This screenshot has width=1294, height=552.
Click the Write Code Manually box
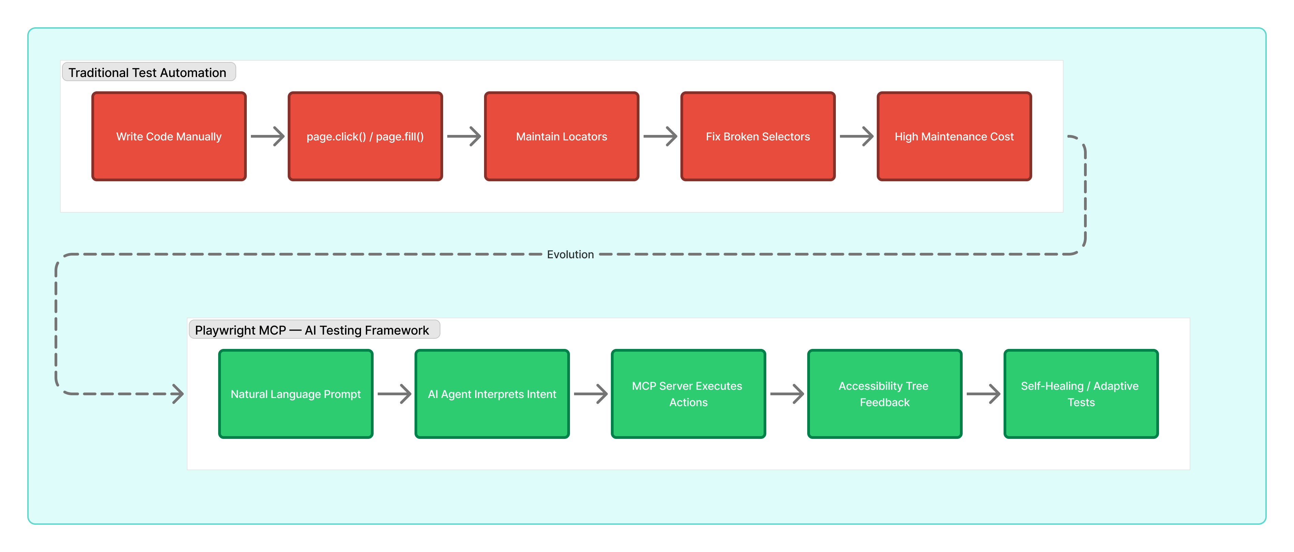(169, 136)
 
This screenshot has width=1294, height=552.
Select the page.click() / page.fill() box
(365, 136)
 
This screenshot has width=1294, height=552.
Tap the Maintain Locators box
(561, 136)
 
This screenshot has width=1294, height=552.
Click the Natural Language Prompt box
(296, 394)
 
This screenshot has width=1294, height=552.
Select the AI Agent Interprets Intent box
(492, 394)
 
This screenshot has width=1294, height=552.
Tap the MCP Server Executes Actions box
(688, 394)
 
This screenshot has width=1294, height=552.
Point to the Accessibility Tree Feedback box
(885, 394)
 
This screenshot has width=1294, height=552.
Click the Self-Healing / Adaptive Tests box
(1081, 394)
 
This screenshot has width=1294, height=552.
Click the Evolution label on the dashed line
(570, 255)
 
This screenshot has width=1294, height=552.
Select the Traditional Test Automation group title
(148, 72)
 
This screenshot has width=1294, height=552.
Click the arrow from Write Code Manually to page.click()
(267, 136)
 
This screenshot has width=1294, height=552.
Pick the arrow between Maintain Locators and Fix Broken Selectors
(660, 136)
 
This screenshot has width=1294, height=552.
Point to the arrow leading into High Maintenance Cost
(856, 136)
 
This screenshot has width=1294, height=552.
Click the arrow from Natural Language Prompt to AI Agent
(394, 394)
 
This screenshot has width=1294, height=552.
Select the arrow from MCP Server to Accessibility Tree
(787, 394)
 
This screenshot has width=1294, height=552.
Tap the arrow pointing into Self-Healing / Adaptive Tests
(983, 394)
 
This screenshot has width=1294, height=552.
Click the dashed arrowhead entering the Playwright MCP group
(177, 394)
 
